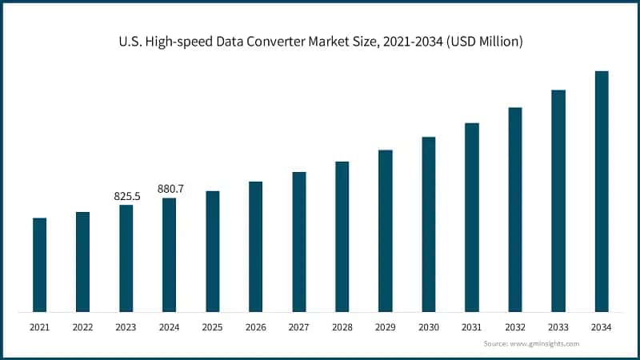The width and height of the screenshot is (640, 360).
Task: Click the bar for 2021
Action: tap(39, 265)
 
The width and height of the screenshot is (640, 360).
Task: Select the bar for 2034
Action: tap(602, 191)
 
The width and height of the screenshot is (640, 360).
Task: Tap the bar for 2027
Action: tap(299, 242)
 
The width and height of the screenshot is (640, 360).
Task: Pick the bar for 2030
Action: tap(429, 224)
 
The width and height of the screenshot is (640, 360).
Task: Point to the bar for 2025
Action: tap(213, 251)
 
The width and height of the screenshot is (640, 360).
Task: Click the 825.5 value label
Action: tap(126, 195)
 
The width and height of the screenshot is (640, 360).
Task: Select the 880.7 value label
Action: tap(170, 189)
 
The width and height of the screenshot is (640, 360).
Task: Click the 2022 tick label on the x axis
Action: tap(82, 327)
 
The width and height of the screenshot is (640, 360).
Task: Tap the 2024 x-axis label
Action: tap(170, 327)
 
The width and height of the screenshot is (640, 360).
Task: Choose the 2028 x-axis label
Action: tap(342, 327)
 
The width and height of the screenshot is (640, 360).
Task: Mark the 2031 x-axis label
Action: tap(472, 327)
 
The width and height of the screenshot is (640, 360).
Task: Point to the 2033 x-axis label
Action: tap(558, 327)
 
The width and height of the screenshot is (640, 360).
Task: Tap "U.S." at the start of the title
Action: tap(127, 42)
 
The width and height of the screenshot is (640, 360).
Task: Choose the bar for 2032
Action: tap(515, 210)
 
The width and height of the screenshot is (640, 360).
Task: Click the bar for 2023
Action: tap(126, 258)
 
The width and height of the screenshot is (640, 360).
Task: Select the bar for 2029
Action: tap(386, 230)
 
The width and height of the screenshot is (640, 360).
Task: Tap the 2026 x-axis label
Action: tap(256, 327)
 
